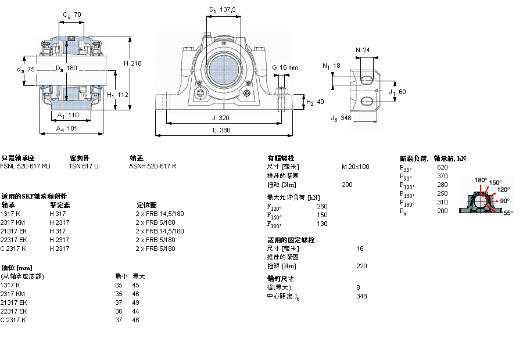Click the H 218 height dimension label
point(132,63)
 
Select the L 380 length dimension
point(220,131)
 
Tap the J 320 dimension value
point(220,117)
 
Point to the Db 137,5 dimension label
point(222,9)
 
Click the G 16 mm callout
point(285,68)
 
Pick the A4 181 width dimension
point(67,129)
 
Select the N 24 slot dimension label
point(363,51)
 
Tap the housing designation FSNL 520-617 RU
point(25,166)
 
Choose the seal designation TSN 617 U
point(84,166)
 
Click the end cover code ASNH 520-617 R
point(152,166)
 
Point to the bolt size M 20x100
point(355,167)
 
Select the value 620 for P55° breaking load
point(442,167)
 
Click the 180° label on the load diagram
point(481,180)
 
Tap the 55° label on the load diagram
point(507,213)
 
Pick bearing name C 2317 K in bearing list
point(13,249)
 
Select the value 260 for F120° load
point(322,206)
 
